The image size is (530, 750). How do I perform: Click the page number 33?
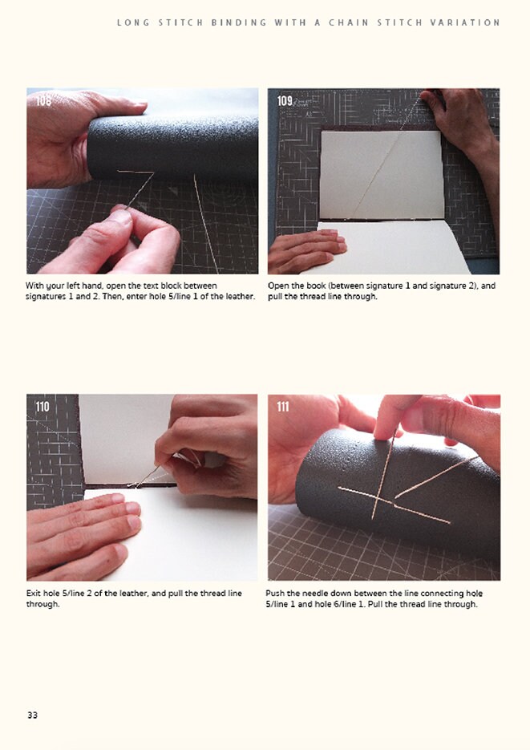pyautogui.click(x=32, y=715)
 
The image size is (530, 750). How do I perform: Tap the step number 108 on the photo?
pyautogui.click(x=42, y=101)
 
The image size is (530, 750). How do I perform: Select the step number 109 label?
pyautogui.click(x=285, y=101)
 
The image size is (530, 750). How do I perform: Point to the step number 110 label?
pyautogui.click(x=42, y=407)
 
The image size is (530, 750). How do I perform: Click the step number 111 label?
pyautogui.click(x=282, y=407)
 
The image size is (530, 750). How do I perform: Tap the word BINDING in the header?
pyautogui.click(x=239, y=22)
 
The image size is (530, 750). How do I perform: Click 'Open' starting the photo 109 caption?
pyautogui.click(x=279, y=286)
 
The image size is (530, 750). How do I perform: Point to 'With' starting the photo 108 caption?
pyautogui.click(x=35, y=286)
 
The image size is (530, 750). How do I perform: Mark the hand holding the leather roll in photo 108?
pyautogui.click(x=60, y=136)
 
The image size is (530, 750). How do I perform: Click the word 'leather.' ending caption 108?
pyautogui.click(x=238, y=297)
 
